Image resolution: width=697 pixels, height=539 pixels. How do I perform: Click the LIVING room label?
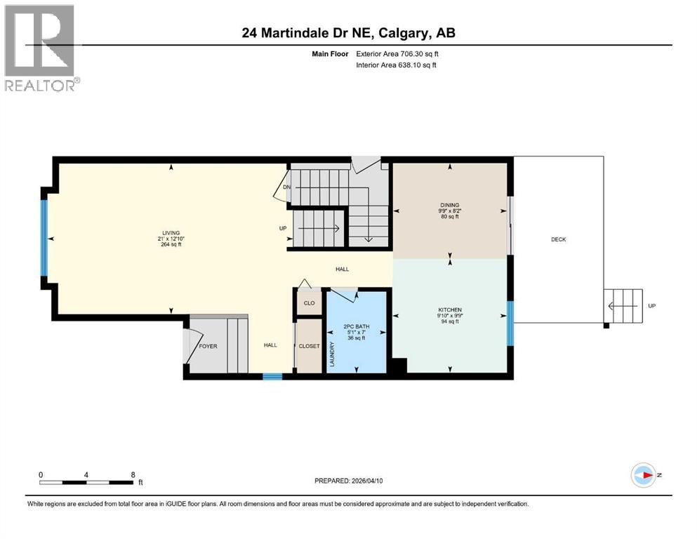coord(170,233)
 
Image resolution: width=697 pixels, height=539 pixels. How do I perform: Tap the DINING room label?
coord(449,206)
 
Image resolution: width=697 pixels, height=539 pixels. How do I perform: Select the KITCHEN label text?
coord(449,310)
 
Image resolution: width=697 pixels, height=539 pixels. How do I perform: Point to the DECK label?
coord(558,239)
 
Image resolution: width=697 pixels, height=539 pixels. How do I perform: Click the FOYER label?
coord(208,345)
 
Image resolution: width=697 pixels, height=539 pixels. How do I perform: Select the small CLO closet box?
coord(309,303)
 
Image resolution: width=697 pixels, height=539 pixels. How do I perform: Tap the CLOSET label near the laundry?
coord(309,346)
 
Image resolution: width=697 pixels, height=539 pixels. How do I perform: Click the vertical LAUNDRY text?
coord(333,355)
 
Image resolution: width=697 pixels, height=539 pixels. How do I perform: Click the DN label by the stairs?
coord(286,187)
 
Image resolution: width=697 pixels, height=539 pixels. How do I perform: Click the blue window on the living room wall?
coord(44,238)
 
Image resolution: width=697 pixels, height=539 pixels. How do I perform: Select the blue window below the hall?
coord(272,376)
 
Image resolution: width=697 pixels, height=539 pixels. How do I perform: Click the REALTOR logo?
coord(40,47)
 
